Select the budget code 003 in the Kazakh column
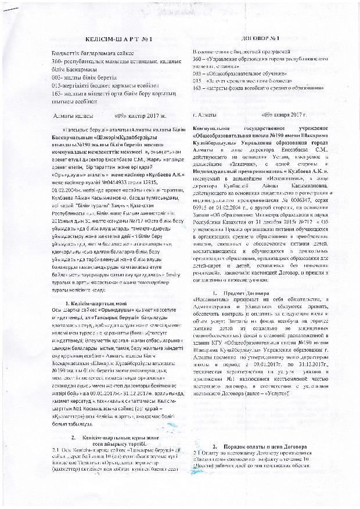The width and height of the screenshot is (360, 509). (56, 77)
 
